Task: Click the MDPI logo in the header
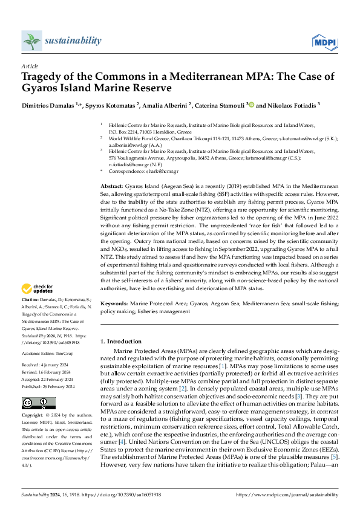coord(324,41)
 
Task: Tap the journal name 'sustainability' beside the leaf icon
coord(73,41)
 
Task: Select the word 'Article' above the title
coord(30,66)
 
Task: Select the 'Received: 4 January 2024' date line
coord(46,366)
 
